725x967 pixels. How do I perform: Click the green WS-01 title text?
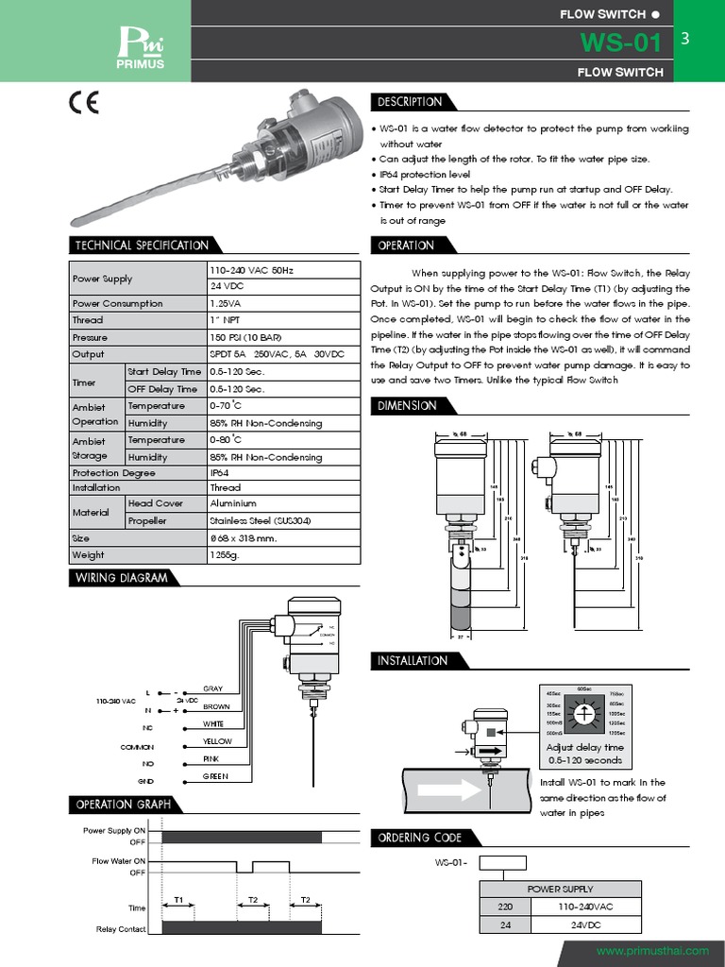pos(620,42)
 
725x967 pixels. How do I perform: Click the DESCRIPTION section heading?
pos(409,102)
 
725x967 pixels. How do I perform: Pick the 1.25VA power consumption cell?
pos(225,303)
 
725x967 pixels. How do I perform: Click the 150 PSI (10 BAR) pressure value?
pos(244,337)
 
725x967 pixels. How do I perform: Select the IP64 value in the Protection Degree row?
pos(219,472)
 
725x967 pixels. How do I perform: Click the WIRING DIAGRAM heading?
pos(121,578)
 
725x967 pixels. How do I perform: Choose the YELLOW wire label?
pos(217,741)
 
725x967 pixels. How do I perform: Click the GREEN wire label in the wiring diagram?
pos(216,776)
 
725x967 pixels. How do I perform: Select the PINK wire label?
pos(211,758)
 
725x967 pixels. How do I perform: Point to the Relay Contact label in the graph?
pos(121,929)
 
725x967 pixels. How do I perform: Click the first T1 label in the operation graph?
pos(177,900)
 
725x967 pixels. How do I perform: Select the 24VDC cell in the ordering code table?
pos(585,925)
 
